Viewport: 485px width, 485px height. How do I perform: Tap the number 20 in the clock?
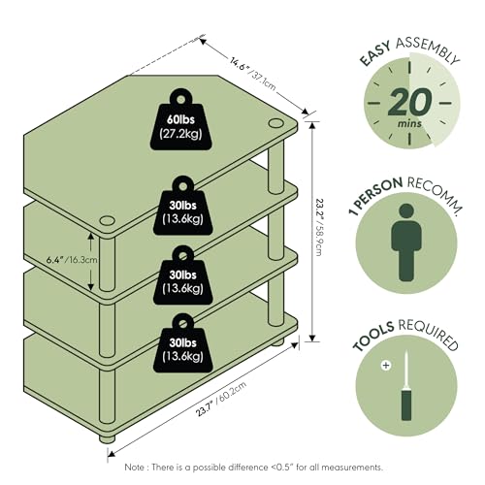410,102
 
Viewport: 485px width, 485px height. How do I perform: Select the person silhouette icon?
406,242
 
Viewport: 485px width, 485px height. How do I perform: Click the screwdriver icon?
406,386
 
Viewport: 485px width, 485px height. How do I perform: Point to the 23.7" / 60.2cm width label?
221,399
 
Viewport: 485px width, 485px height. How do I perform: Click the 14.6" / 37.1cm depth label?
253,73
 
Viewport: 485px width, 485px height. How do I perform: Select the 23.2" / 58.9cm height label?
318,227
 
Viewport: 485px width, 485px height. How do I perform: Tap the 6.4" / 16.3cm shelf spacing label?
72,260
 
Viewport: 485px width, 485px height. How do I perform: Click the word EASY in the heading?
375,54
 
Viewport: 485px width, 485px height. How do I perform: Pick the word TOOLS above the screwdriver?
373,337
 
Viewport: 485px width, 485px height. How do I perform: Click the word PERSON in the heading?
380,193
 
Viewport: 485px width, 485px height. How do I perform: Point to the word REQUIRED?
429,334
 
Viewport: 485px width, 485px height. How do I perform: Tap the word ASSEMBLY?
428,49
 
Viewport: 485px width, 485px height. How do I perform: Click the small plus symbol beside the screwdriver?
386,366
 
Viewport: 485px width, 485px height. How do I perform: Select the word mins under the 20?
409,123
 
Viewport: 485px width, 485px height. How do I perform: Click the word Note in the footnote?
136,468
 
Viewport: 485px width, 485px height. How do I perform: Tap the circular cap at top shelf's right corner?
275,123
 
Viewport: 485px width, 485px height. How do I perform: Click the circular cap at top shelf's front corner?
108,221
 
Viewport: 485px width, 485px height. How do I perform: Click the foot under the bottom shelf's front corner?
107,438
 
